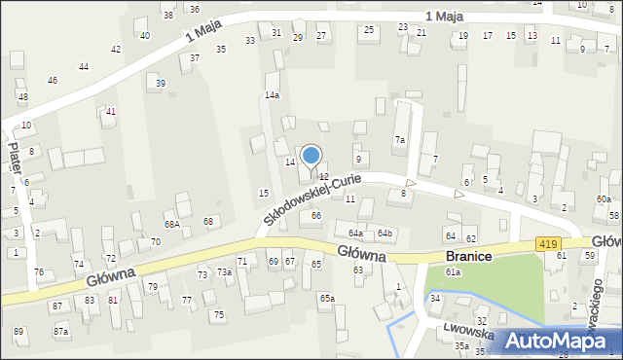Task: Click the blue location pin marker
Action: [311, 158]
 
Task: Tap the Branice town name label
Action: [467, 255]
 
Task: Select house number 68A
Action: [171, 225]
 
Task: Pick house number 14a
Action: [272, 95]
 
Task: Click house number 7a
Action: [399, 140]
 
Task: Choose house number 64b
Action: [385, 234]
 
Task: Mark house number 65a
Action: [327, 298]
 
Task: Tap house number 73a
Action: [224, 272]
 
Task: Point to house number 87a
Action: [61, 332]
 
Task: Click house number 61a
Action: [453, 272]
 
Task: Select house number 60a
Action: [604, 199]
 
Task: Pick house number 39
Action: [161, 84]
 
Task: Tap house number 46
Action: [52, 81]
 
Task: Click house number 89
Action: [18, 332]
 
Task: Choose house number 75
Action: [219, 314]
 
